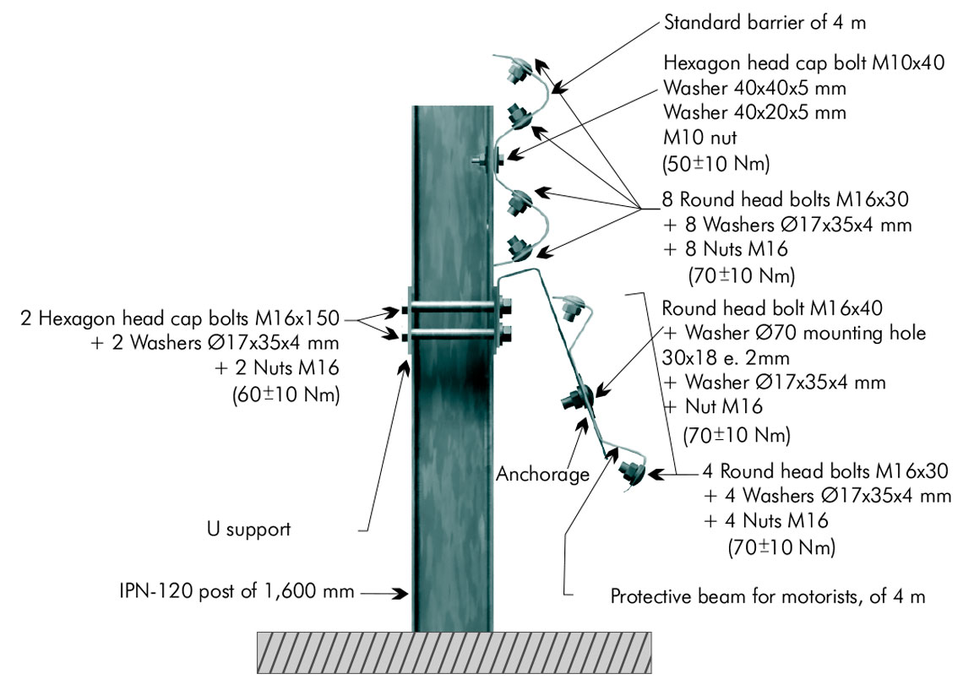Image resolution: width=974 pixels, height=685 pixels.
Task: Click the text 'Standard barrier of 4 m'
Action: [765, 23]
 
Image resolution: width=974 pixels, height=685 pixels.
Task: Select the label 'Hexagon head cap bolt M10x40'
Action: [804, 63]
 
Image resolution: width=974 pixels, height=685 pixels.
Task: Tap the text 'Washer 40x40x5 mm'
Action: [754, 88]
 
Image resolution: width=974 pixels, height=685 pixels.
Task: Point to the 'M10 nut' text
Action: [700, 137]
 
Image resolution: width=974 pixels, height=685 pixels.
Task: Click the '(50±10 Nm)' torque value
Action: [716, 163]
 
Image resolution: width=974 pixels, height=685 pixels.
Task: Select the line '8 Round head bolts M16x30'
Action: [785, 199]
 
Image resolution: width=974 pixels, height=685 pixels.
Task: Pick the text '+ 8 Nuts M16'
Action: [725, 249]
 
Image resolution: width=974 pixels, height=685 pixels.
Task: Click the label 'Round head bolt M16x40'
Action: [772, 308]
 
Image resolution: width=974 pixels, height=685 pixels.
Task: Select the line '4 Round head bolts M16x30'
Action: [825, 470]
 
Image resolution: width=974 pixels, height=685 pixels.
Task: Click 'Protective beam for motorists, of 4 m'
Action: [768, 597]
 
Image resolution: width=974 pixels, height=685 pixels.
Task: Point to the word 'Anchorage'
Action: [542, 475]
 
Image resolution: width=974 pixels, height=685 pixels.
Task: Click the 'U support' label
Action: [248, 530]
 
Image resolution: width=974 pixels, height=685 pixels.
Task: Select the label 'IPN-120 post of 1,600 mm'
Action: [237, 591]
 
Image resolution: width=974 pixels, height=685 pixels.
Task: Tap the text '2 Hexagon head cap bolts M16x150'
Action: [180, 318]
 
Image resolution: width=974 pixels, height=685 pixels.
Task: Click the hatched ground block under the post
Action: [454, 653]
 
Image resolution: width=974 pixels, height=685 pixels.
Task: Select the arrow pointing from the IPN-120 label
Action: [384, 594]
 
